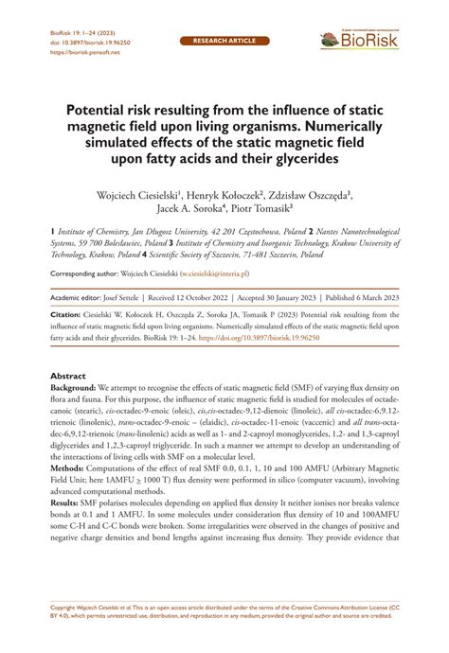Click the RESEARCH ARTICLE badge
pyautogui.click(x=224, y=43)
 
